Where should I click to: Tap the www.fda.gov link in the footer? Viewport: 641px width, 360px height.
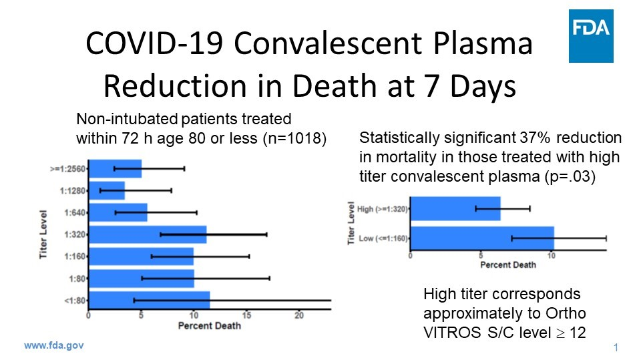pyautogui.click(x=54, y=346)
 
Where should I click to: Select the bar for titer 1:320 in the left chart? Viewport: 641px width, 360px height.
pyautogui.click(x=148, y=234)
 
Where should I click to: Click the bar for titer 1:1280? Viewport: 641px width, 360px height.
pyautogui.click(x=107, y=190)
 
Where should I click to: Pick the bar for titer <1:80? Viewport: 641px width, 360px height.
pyautogui.click(x=150, y=301)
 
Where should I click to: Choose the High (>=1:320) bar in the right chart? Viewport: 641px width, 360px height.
pyautogui.click(x=455, y=208)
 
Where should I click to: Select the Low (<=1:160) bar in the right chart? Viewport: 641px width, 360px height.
pyautogui.click(x=481, y=238)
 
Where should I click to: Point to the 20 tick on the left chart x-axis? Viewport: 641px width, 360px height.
pyautogui.click(x=299, y=315)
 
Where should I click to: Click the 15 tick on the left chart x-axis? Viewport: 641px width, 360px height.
pyautogui.click(x=246, y=315)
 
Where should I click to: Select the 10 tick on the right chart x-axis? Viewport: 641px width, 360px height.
pyautogui.click(x=551, y=255)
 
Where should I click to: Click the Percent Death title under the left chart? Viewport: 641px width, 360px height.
pyautogui.click(x=210, y=326)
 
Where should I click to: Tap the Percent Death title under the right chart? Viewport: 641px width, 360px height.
pyautogui.click(x=508, y=264)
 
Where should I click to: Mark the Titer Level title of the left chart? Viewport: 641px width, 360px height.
pyautogui.click(x=43, y=233)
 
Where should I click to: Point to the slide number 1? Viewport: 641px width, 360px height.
pyautogui.click(x=615, y=348)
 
